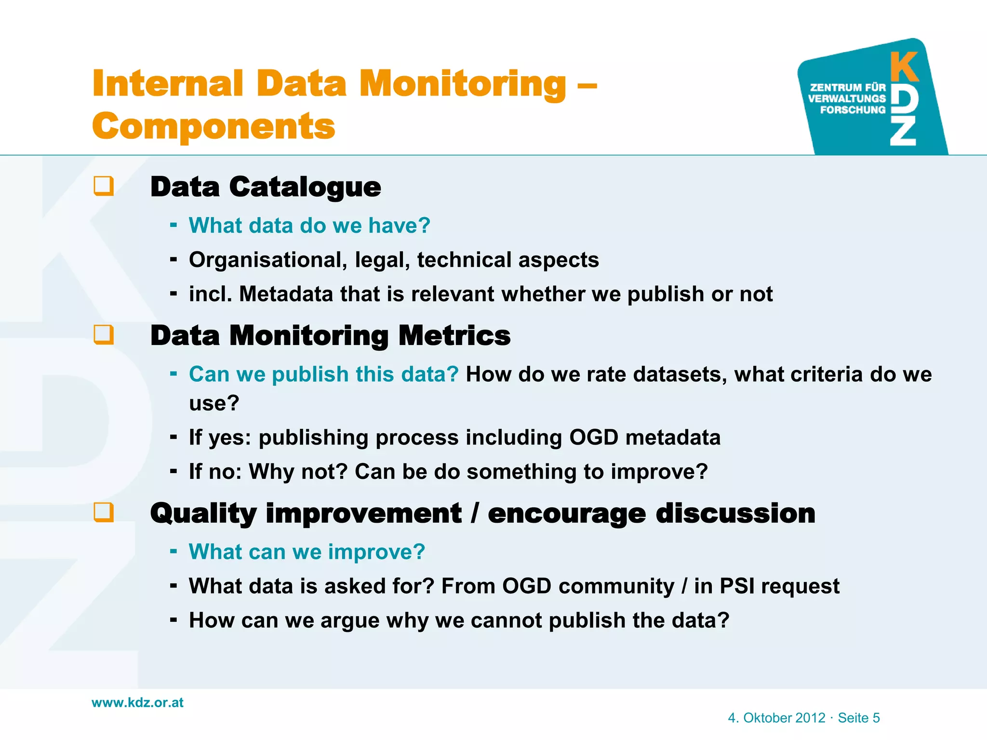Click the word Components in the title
click(x=213, y=126)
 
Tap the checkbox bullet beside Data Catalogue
click(x=104, y=186)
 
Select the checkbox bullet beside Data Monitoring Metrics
click(x=104, y=334)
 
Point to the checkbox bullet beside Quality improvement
click(x=104, y=512)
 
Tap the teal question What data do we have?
click(x=309, y=225)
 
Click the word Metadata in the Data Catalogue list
click(x=286, y=294)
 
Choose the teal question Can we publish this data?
click(x=323, y=374)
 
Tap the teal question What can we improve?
click(x=307, y=552)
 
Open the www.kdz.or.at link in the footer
click(x=138, y=702)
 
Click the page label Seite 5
click(x=859, y=718)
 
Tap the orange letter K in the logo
click(x=904, y=67)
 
